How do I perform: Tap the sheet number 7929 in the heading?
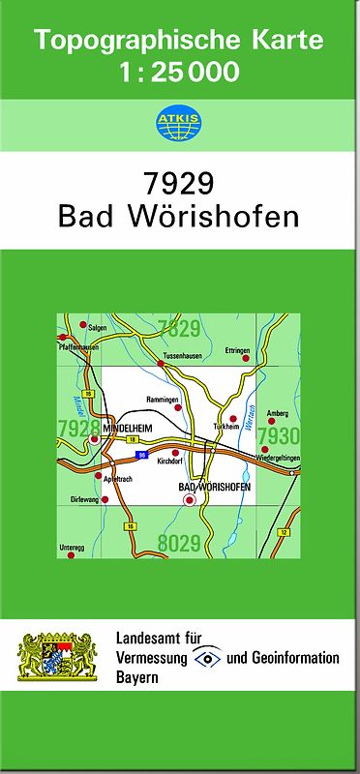(x=179, y=182)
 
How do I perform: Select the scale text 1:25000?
(x=179, y=73)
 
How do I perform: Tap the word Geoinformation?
(x=292, y=658)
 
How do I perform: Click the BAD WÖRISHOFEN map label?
(x=215, y=487)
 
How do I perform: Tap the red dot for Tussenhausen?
(x=161, y=363)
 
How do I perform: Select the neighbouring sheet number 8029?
(x=178, y=545)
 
